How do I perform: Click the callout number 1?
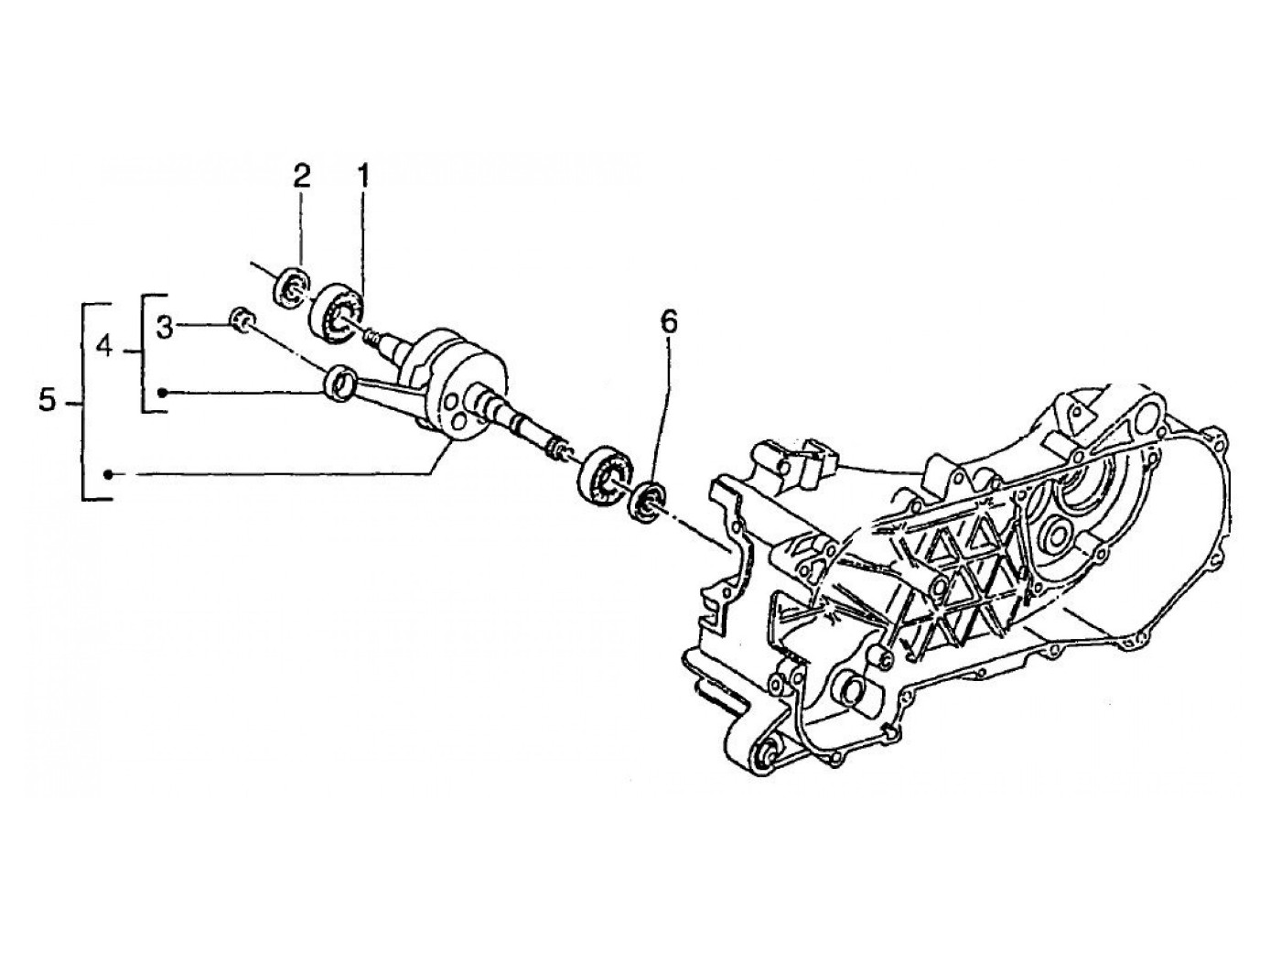(362, 176)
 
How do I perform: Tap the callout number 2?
(302, 176)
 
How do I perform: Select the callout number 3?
(164, 327)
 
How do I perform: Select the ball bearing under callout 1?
(337, 312)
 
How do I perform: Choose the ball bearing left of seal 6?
(605, 473)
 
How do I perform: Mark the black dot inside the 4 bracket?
(161, 393)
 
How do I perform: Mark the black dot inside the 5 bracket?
(108, 474)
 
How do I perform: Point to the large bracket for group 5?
(87, 401)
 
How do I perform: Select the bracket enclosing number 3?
(146, 353)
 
